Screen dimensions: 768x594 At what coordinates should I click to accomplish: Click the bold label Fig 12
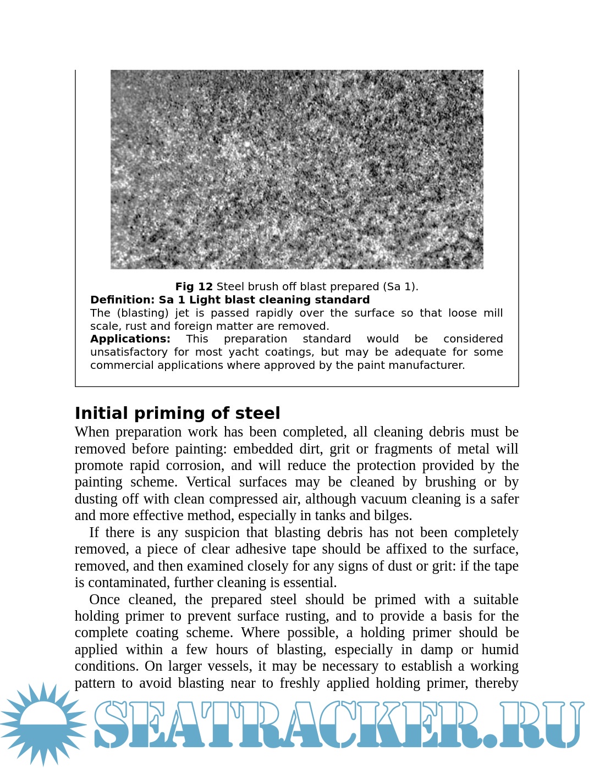coord(194,286)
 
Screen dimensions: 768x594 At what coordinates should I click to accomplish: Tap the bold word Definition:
coord(122,300)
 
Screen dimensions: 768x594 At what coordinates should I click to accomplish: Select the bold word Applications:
coord(130,339)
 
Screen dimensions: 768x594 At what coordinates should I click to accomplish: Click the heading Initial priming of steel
coord(177,413)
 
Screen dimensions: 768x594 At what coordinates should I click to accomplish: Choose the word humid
coord(499,650)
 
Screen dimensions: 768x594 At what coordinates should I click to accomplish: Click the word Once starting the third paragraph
coord(105,599)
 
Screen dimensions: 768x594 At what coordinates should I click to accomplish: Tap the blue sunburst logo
coord(43,724)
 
